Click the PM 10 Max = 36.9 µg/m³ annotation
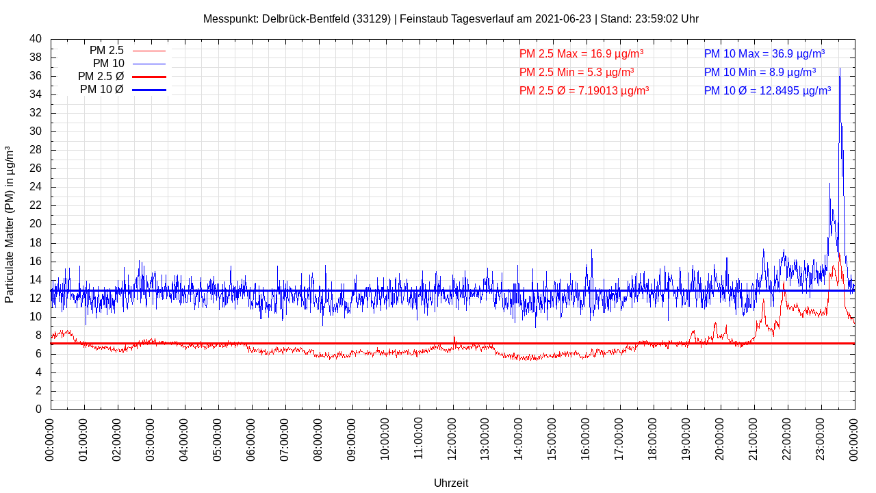(764, 53)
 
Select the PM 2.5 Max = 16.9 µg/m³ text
(581, 53)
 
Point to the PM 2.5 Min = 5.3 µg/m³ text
(576, 72)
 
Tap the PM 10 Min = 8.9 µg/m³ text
(760, 72)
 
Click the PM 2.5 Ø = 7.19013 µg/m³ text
(584, 90)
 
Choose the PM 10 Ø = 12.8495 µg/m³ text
(767, 90)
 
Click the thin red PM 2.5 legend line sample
(149, 51)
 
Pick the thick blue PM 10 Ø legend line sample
(149, 90)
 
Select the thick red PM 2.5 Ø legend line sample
(149, 77)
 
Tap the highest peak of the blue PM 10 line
(840, 68)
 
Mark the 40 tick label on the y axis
(36, 39)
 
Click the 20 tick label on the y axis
(36, 224)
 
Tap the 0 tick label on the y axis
(38, 409)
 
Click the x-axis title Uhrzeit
(451, 483)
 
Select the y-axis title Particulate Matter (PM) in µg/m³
(10, 224)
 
